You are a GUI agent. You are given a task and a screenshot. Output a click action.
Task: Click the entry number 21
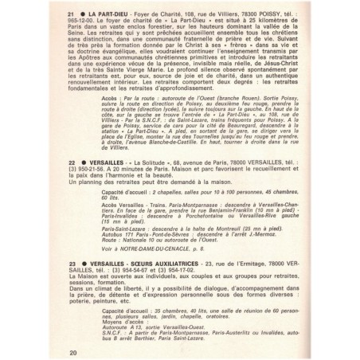pyautogui.click(x=72, y=16)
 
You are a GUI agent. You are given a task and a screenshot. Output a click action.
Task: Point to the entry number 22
pyautogui.click(x=72, y=162)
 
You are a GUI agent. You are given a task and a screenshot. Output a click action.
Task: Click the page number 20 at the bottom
pyautogui.click(x=74, y=351)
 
